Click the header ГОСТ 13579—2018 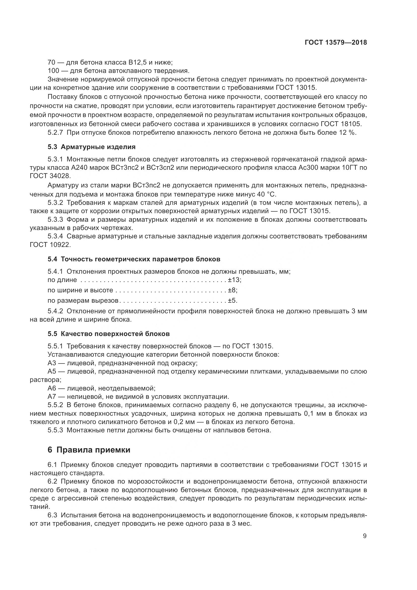point(336,43)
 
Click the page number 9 point(365,536)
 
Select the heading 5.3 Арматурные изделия point(92,147)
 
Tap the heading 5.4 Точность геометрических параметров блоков point(134,259)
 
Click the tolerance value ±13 point(234,279)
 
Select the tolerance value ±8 point(232,290)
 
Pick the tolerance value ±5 point(232,300)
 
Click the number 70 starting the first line point(52,62)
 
